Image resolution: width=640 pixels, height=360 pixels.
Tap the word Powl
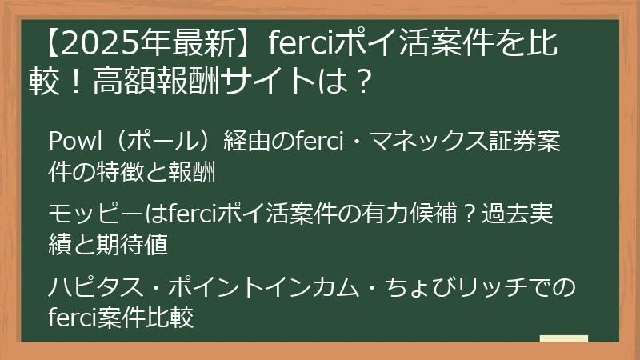(x=70, y=141)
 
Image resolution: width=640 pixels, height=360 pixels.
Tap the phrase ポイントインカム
(x=253, y=286)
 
